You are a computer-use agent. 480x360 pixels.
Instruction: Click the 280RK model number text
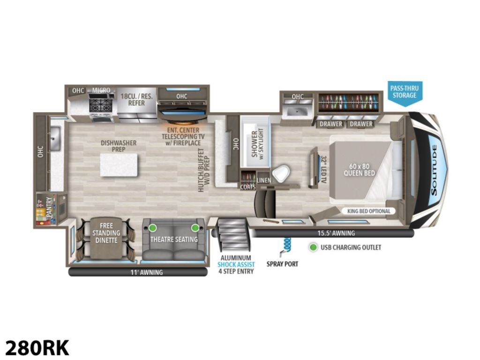pyautogui.click(x=37, y=348)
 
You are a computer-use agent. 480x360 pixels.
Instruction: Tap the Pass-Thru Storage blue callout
pyautogui.click(x=405, y=93)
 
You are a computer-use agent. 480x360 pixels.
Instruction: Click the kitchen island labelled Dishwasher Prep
pyautogui.click(x=119, y=165)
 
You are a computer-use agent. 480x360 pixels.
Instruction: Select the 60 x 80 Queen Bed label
pyautogui.click(x=359, y=170)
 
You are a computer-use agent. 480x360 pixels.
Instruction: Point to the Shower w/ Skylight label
pyautogui.click(x=257, y=143)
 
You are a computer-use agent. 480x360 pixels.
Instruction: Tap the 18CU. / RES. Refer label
pyautogui.click(x=136, y=99)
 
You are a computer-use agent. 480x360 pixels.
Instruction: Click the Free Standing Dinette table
pyautogui.click(x=106, y=237)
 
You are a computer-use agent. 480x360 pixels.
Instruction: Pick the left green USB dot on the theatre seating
pyautogui.click(x=152, y=228)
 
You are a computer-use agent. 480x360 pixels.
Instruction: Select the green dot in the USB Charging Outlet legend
pyautogui.click(x=313, y=247)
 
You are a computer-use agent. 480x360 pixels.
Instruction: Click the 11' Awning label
pyautogui.click(x=147, y=272)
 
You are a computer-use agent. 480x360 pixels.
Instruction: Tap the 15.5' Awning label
pyautogui.click(x=336, y=233)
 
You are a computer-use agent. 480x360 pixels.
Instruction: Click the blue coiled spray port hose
pyautogui.click(x=286, y=244)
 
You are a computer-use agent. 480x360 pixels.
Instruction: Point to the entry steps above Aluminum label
pyautogui.click(x=233, y=234)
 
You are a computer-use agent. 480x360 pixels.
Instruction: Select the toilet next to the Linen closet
pyautogui.click(x=281, y=173)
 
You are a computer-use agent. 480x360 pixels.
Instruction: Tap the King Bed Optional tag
pyautogui.click(x=369, y=211)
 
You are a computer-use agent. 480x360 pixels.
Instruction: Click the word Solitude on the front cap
pyautogui.click(x=434, y=171)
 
